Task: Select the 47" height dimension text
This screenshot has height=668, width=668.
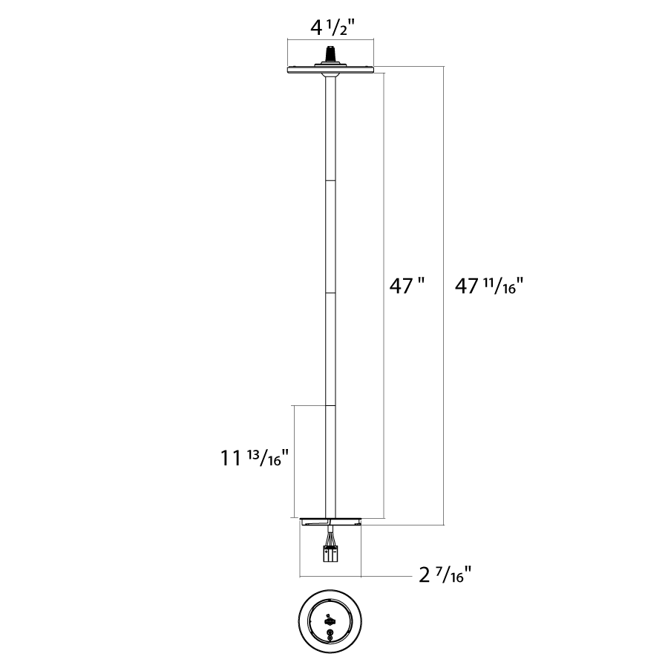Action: [407, 286]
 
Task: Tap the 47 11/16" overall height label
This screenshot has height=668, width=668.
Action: [488, 286]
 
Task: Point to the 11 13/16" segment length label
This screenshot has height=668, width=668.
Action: [255, 459]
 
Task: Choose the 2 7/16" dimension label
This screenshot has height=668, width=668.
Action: [445, 575]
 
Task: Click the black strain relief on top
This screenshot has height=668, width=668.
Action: [330, 54]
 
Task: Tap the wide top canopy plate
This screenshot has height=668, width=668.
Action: [330, 70]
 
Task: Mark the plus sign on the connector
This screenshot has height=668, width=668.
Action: [327, 552]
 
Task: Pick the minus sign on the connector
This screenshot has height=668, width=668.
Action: [335, 552]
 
